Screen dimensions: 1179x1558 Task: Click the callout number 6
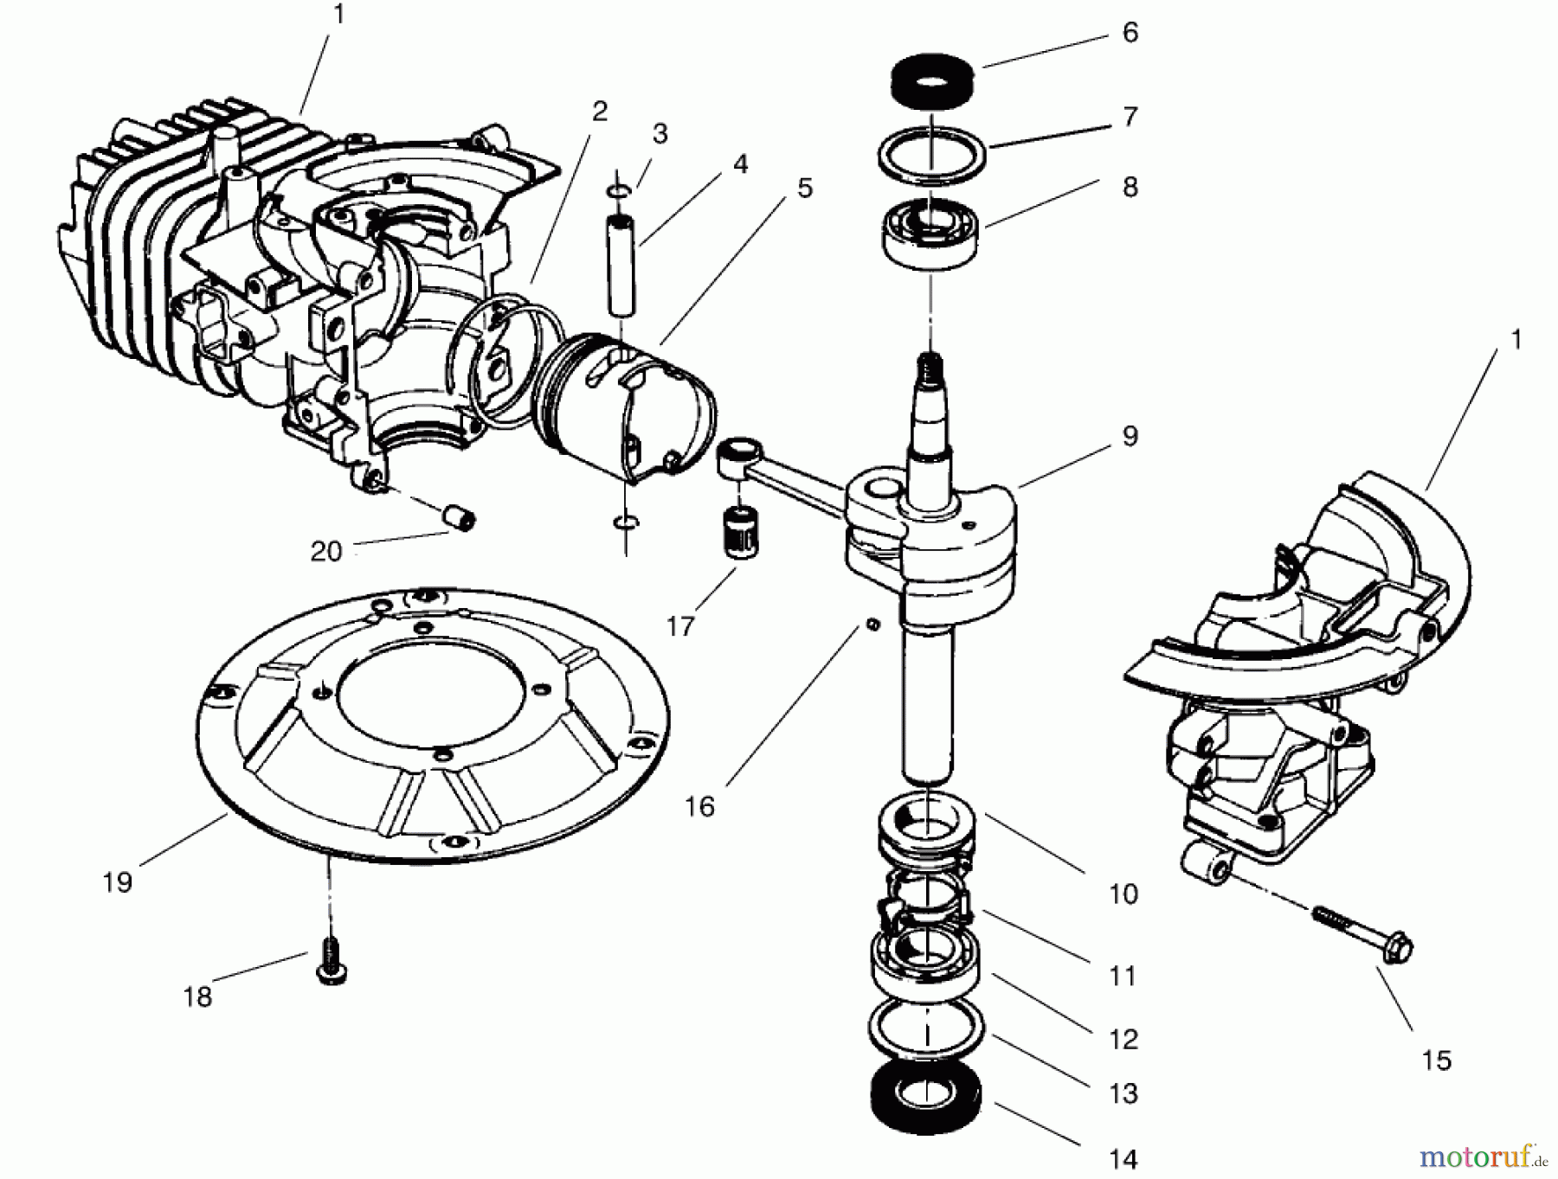click(x=1130, y=33)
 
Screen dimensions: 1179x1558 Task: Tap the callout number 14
click(x=1123, y=1158)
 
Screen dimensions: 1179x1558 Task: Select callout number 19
click(x=117, y=882)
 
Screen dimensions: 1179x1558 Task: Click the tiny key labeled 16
click(x=873, y=624)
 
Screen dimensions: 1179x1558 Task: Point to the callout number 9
click(x=1130, y=437)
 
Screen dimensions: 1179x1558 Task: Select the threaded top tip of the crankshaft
click(x=930, y=362)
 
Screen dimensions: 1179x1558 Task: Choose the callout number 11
click(x=1123, y=976)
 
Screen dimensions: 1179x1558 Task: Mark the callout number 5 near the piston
click(x=805, y=188)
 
